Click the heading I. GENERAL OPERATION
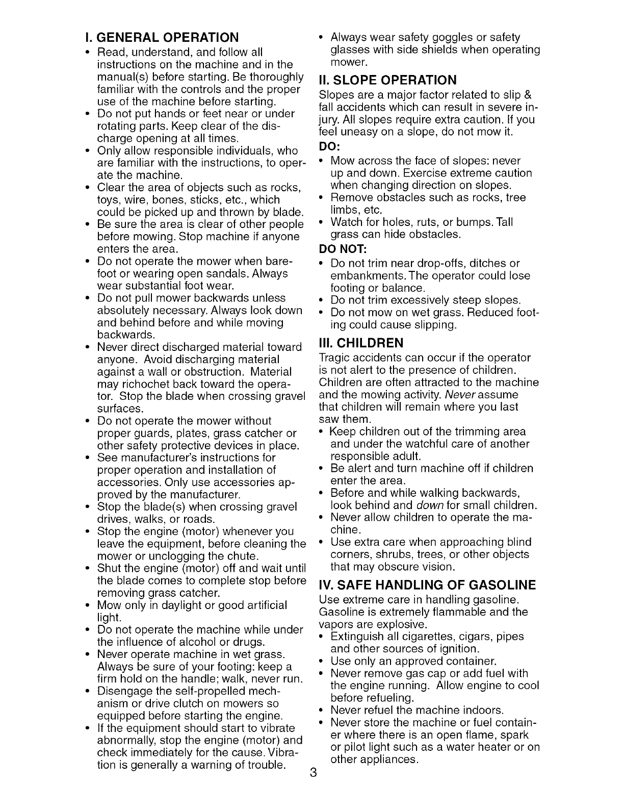tap(162, 38)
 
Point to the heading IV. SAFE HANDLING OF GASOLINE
tap(427, 585)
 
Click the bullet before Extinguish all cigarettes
tap(320, 637)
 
